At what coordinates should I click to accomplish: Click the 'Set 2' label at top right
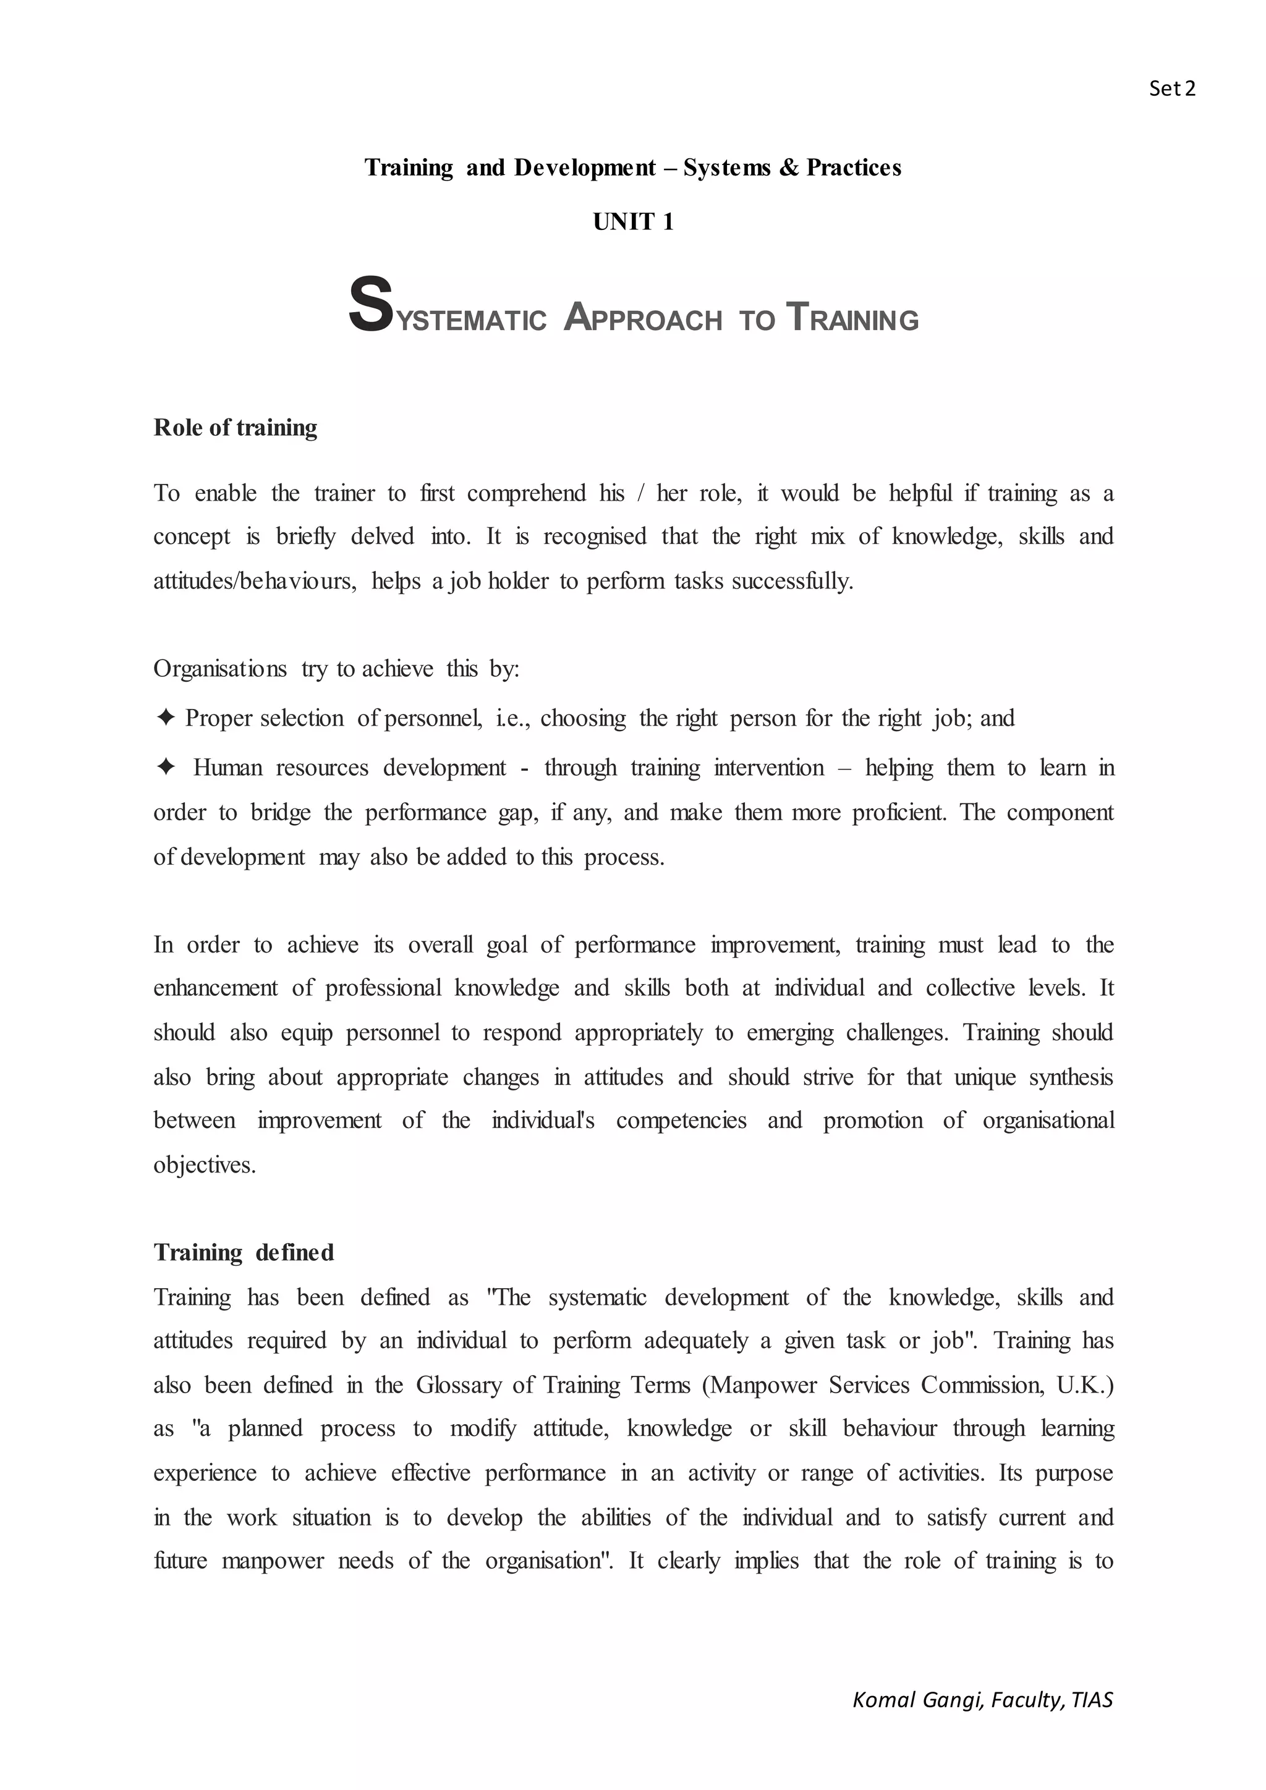point(1171,89)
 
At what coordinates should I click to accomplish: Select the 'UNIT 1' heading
point(632,222)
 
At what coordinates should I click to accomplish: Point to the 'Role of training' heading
point(235,427)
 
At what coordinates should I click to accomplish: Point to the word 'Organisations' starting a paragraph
point(220,669)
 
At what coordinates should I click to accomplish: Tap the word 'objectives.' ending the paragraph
point(204,1164)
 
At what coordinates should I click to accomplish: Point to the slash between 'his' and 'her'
point(641,493)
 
